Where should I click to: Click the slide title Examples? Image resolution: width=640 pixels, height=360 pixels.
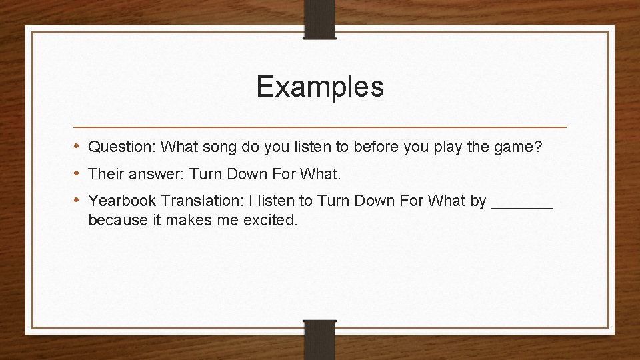click(320, 87)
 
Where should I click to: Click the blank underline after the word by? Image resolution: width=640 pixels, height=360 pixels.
click(522, 205)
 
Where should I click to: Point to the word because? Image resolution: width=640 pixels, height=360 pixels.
click(117, 219)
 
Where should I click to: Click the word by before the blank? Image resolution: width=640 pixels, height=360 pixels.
click(478, 201)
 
